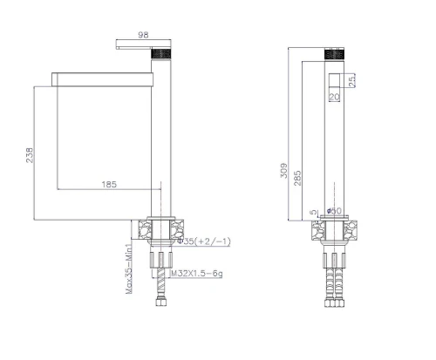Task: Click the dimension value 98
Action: click(143, 35)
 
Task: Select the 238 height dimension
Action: click(30, 155)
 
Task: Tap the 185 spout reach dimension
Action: click(109, 184)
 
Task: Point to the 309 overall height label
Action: click(284, 171)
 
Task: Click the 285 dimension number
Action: click(297, 178)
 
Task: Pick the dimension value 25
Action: click(351, 80)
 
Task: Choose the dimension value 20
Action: click(334, 97)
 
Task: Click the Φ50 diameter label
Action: click(334, 210)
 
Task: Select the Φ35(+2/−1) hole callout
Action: click(204, 241)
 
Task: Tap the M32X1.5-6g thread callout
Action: click(197, 274)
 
